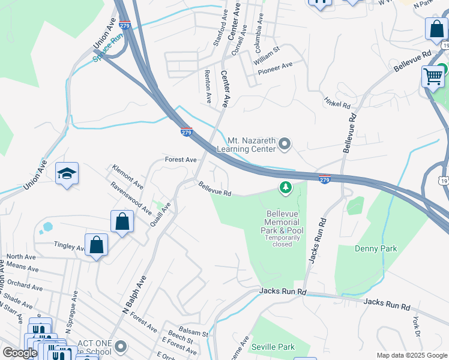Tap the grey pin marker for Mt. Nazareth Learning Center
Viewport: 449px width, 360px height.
tap(285, 144)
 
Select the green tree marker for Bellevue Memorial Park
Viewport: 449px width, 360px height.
tap(286, 188)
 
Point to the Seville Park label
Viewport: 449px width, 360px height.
tap(273, 347)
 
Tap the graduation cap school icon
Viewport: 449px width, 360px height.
tap(67, 174)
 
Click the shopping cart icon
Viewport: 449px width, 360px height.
tap(433, 77)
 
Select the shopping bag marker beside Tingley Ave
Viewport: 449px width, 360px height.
tap(96, 245)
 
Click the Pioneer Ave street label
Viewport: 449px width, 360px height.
tap(274, 67)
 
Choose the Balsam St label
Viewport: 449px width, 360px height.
tap(196, 334)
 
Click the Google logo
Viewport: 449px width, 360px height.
tap(20, 353)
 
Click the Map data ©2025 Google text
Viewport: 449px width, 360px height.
tap(411, 355)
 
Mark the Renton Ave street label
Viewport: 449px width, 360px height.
tap(208, 86)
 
